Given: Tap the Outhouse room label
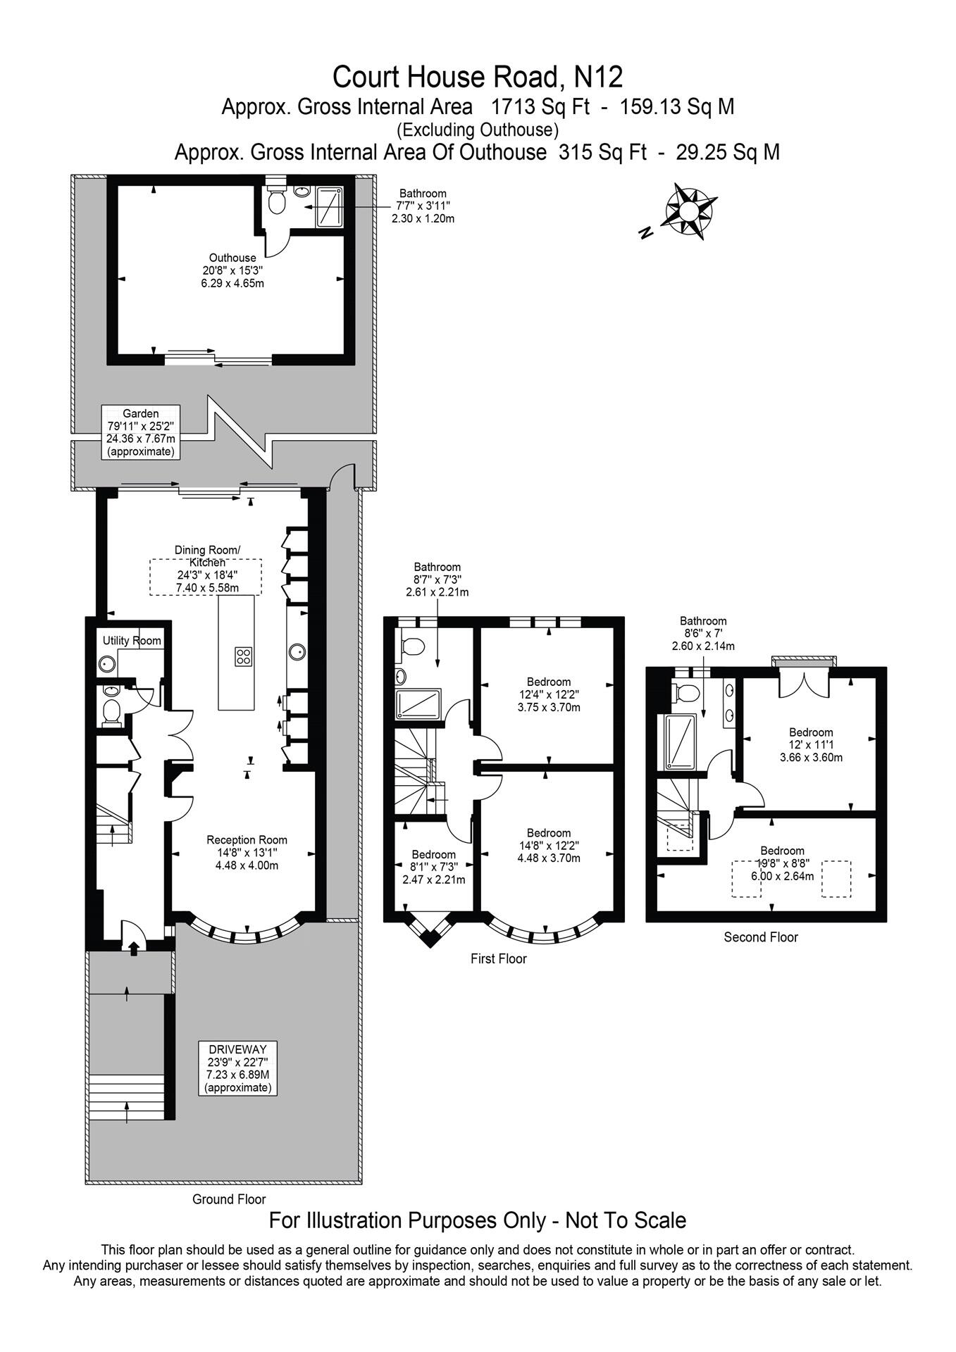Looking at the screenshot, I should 232,270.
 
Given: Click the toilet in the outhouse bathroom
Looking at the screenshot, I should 277,203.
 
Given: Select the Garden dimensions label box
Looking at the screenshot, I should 141,432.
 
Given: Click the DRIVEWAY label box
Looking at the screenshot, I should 237,1068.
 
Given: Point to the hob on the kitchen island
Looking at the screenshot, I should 244,656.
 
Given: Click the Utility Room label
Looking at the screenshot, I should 132,641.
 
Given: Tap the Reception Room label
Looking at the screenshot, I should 247,852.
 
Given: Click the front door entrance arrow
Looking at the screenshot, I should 134,949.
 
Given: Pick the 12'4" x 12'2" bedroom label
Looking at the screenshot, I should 549,694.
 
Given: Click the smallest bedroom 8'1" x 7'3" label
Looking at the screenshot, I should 433,867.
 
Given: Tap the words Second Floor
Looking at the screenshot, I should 761,937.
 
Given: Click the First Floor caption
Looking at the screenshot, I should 498,958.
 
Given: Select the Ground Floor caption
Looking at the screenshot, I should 229,1199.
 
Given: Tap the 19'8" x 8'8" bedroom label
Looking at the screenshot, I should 782,863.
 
